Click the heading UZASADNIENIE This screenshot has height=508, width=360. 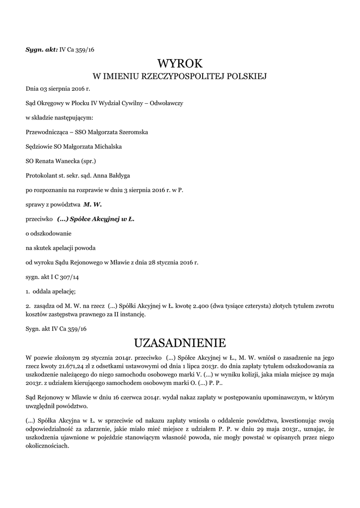180,343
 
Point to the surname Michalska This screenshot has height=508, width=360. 105,146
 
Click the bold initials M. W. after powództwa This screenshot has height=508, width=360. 93,204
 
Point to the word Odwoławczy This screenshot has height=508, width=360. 168,103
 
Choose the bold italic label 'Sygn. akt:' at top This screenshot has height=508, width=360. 42,49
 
